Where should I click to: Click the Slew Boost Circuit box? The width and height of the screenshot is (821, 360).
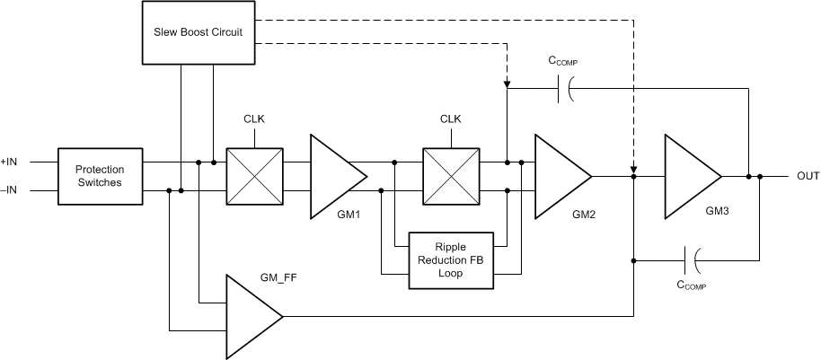coord(199,33)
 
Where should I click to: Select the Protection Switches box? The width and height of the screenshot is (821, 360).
coord(100,175)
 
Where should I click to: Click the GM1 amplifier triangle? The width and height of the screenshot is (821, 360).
coord(335,176)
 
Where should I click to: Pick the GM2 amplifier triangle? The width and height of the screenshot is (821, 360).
coord(560,176)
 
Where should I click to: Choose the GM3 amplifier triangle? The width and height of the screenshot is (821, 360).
coord(690,176)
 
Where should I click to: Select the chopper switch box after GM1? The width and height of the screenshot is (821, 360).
coord(450,176)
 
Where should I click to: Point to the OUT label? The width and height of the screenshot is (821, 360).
coord(808,176)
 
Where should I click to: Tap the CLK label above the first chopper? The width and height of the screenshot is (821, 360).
coord(254,119)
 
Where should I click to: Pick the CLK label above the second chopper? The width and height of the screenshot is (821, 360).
coord(450,119)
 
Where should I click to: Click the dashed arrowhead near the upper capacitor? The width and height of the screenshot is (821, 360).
coord(508,83)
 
